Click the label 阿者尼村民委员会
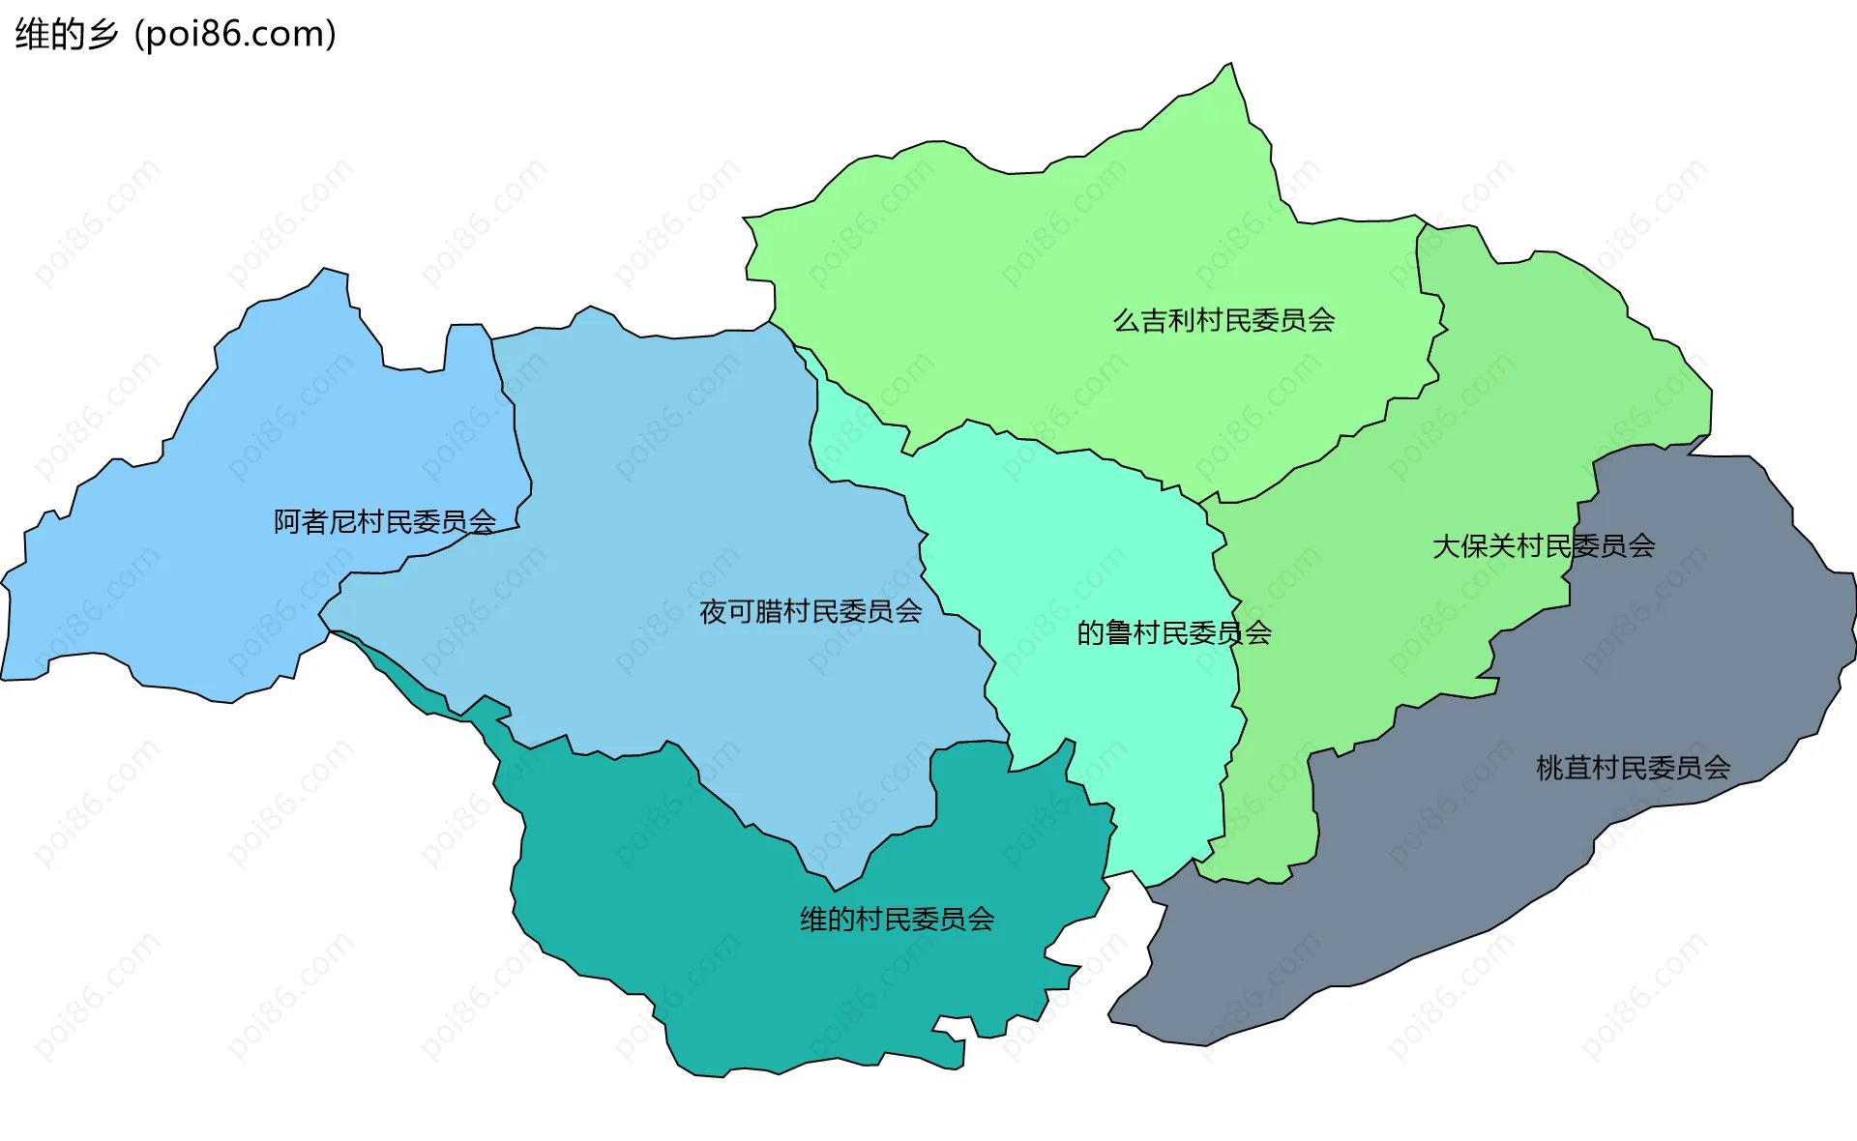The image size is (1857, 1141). point(384,522)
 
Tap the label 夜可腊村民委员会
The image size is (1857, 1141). point(811,611)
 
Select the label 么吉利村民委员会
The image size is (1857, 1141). point(1223,320)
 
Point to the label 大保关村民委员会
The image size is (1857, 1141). point(1543,546)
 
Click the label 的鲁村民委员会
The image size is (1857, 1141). point(1173,633)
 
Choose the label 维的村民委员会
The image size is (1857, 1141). point(897,919)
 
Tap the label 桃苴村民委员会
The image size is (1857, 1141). point(1633,768)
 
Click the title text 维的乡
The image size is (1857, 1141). point(66,34)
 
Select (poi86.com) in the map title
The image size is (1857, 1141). point(235,34)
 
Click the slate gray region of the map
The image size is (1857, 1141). point(1547,851)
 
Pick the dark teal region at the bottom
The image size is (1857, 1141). point(774,986)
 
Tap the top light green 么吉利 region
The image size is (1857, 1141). point(1064,271)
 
